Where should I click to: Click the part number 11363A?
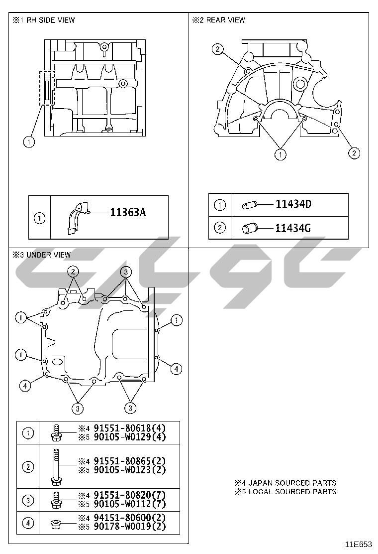128,212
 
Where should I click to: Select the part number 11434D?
293,204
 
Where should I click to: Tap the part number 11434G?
293,228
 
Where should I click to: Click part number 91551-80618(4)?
129,428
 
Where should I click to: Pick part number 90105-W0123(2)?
129,470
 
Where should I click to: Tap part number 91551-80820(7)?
129,495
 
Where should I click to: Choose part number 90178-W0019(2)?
129,527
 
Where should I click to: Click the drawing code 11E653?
358,545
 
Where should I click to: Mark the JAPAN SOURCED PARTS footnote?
285,483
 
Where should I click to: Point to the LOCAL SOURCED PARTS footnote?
285,491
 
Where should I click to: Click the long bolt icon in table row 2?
55,467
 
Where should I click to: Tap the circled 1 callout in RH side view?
29,142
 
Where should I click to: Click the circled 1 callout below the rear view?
281,154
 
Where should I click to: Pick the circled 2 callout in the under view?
73,272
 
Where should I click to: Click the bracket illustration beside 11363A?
77,218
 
